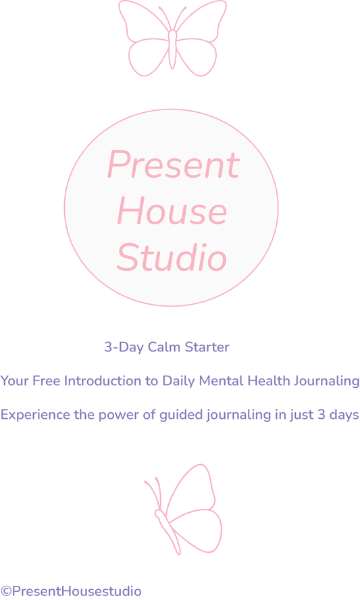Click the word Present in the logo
174,165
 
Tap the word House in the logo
172,211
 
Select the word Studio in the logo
172,257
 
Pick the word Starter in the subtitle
208,347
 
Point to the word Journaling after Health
328,382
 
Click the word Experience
35,415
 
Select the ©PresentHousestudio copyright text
72,591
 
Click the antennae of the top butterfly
172,17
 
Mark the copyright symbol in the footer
6,591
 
